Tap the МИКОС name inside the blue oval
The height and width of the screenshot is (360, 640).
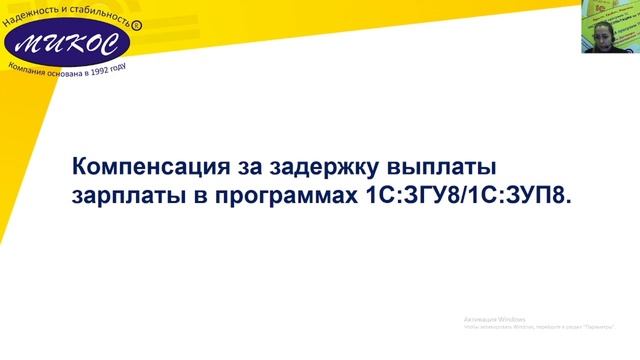tap(62, 43)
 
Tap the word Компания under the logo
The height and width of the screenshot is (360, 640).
tap(30, 69)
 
